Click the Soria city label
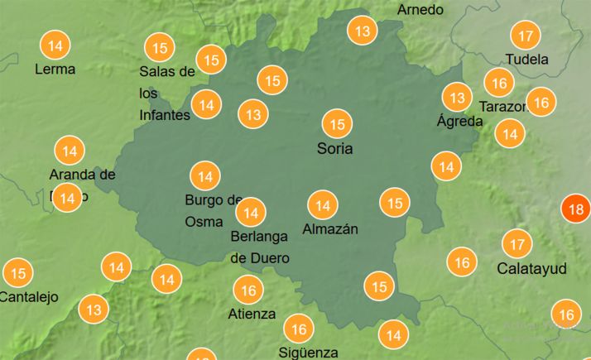(x=334, y=150)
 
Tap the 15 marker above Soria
(x=337, y=125)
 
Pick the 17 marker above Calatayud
(x=517, y=244)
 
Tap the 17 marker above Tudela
(x=525, y=36)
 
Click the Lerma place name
(x=55, y=69)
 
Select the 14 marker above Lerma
(x=55, y=45)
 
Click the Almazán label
(x=330, y=229)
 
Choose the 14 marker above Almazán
(x=322, y=205)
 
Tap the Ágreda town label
(x=459, y=121)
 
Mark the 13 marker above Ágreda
(x=455, y=96)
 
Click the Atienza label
(x=252, y=314)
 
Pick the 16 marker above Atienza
(x=248, y=290)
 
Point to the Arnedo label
(x=420, y=10)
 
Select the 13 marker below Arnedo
(x=362, y=32)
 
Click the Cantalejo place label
(x=28, y=297)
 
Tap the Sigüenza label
(x=309, y=353)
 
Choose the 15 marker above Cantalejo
(x=18, y=273)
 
